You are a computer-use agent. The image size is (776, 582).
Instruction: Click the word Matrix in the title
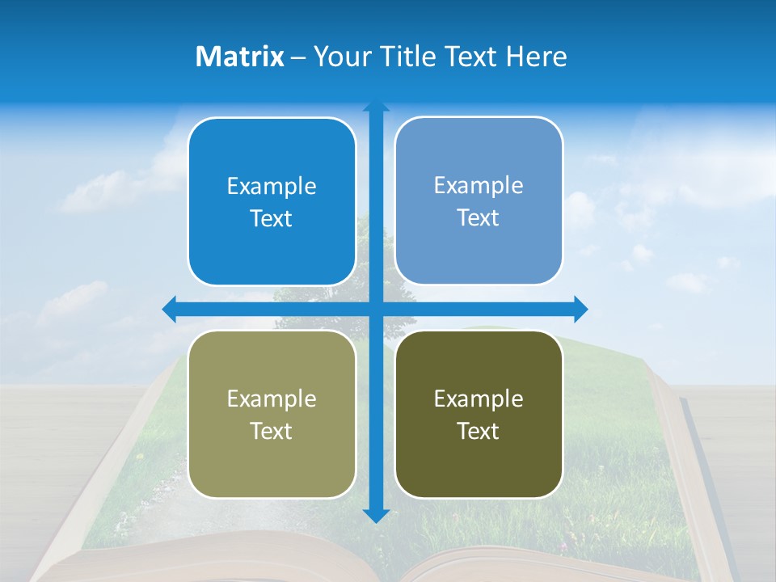[x=239, y=57]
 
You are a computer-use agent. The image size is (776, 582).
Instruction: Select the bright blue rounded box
[x=272, y=202]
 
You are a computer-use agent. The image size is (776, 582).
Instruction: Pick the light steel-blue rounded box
[x=479, y=201]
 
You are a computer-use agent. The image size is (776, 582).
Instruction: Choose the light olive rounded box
[x=272, y=414]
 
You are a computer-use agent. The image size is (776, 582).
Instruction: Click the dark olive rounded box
[x=479, y=414]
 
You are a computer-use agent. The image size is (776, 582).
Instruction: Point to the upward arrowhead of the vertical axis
[x=376, y=106]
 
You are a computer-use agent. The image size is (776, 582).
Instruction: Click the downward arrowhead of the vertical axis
[x=376, y=516]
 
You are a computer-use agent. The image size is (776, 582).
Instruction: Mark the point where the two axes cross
[x=376, y=309]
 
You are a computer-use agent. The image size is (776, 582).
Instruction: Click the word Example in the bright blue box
[x=272, y=187]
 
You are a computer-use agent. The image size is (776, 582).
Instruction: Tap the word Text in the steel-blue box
[x=479, y=217]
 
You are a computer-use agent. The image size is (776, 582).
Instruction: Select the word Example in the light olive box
[x=272, y=399]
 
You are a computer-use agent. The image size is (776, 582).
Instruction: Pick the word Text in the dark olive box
[x=479, y=431]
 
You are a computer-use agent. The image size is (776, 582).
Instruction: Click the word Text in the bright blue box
[x=272, y=218]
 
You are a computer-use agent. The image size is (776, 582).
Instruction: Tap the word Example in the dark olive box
[x=479, y=399]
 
